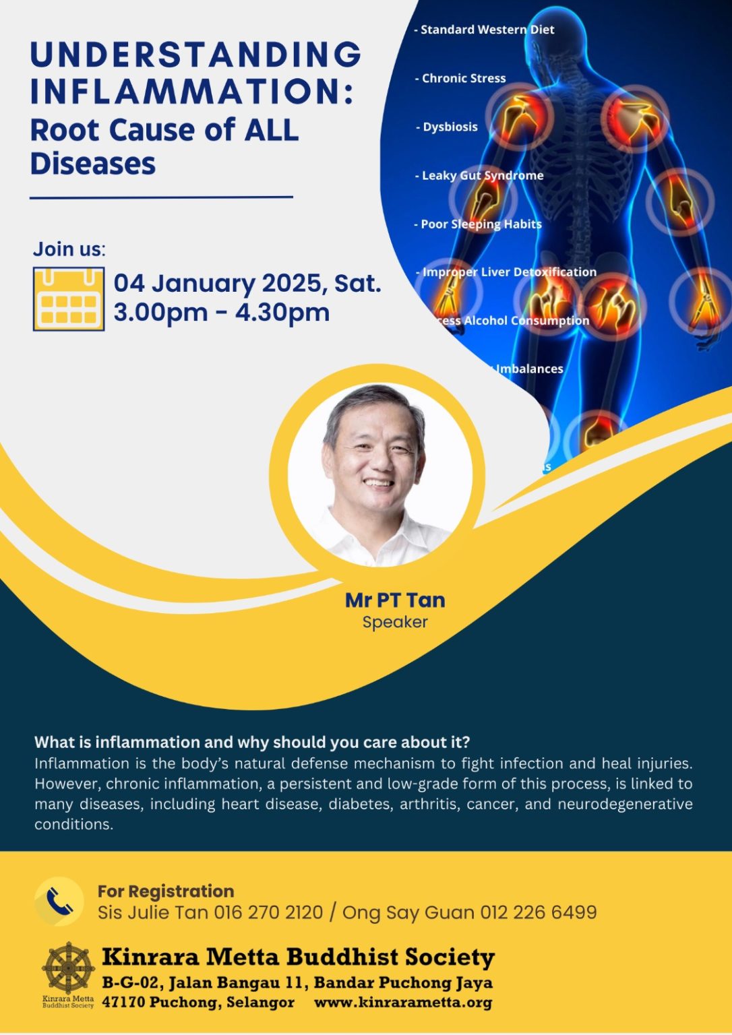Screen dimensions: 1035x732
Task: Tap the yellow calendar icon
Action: click(x=68, y=299)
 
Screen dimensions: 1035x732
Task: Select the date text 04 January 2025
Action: click(x=220, y=283)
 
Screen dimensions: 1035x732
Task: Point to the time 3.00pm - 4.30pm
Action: click(x=221, y=313)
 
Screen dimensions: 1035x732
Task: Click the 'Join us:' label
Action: click(x=69, y=249)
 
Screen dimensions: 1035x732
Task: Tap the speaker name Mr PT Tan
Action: click(x=395, y=600)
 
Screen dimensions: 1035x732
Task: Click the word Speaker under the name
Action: click(x=395, y=622)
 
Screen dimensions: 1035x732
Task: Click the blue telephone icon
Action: click(x=59, y=902)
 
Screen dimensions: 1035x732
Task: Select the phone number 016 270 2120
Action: click(x=268, y=912)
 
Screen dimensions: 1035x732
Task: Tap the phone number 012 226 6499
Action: click(x=538, y=912)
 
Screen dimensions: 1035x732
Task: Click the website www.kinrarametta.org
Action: click(x=403, y=1002)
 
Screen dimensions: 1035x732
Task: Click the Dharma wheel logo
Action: click(x=68, y=968)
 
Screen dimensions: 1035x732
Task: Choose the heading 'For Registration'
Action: click(x=166, y=891)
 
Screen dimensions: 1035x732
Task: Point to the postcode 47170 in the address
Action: click(x=123, y=1002)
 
